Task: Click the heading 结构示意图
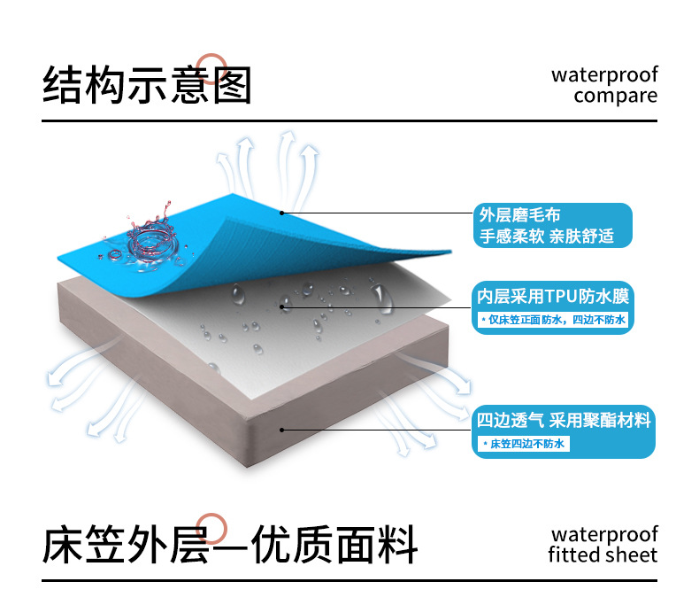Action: [x=147, y=85]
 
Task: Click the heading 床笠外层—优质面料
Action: [x=230, y=544]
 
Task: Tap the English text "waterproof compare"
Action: [x=604, y=85]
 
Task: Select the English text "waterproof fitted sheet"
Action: [x=603, y=544]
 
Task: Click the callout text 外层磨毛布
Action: [x=519, y=215]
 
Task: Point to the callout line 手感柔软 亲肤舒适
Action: [x=547, y=236]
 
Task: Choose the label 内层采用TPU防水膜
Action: [x=553, y=296]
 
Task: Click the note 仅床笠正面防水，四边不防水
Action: [x=553, y=320]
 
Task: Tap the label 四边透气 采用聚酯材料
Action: [x=564, y=420]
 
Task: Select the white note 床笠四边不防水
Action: [x=523, y=444]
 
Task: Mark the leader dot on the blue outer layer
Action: [x=281, y=213]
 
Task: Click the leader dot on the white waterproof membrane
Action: [x=281, y=306]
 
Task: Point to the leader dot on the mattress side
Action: [x=281, y=430]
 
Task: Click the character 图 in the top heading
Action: [x=232, y=85]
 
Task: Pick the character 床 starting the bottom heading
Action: [x=63, y=545]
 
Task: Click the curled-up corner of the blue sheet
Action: [x=449, y=252]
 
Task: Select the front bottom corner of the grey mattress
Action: [x=248, y=465]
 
